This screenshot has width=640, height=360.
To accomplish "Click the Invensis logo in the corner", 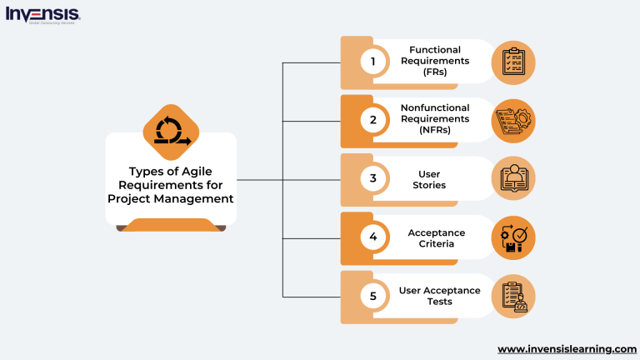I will point(43,14).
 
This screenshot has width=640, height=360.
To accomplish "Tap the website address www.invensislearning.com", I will point(567,348).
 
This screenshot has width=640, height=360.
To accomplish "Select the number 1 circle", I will point(373,62).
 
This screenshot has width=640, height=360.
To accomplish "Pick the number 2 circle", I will point(373,120).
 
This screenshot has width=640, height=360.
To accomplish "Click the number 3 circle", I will point(373,178).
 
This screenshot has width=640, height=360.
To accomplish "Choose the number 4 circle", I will point(373,237).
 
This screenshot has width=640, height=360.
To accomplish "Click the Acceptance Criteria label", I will point(436,237).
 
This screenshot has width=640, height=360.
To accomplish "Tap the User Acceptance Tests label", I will point(439,296).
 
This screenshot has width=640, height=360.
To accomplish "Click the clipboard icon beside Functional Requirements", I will point(513,62).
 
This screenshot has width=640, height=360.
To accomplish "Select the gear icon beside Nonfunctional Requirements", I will point(513,121).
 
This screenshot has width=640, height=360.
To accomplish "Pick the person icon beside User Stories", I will point(513,179).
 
